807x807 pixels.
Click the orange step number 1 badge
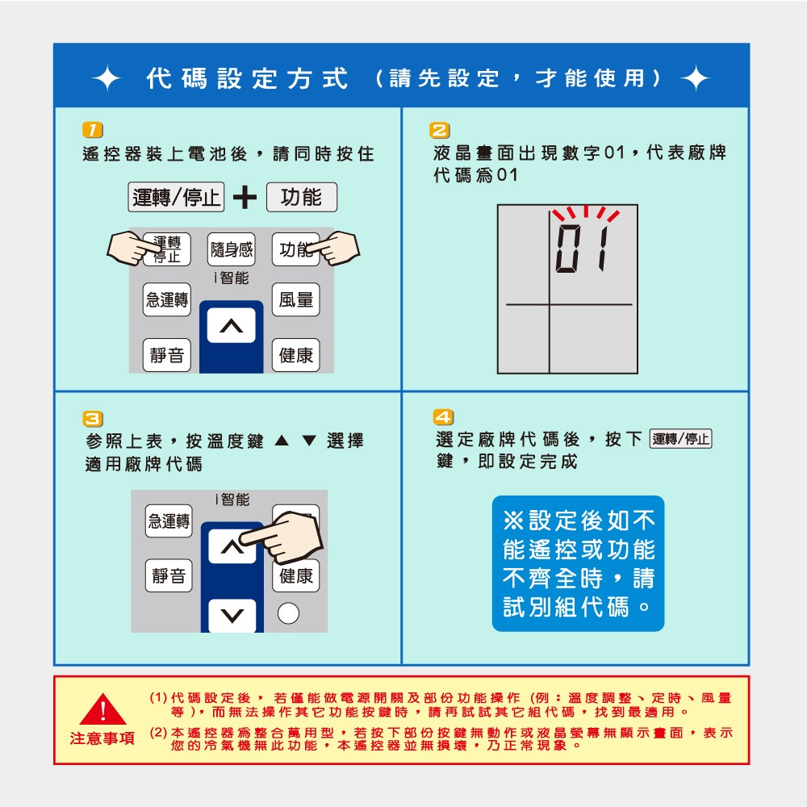93,130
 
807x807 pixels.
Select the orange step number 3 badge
93,418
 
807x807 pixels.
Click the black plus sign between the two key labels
245,198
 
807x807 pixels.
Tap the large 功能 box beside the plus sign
301,198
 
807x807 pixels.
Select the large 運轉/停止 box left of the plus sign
177,198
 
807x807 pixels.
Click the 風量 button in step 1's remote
295,300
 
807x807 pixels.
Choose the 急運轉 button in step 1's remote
167,300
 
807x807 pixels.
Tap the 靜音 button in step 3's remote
169,575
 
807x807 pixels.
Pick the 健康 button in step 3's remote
295,575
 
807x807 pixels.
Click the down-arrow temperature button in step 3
232,617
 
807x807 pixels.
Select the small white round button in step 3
288,614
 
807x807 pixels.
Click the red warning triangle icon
102,709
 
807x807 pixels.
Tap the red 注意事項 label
102,738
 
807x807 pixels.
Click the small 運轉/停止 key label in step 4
680,440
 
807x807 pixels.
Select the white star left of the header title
106,79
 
